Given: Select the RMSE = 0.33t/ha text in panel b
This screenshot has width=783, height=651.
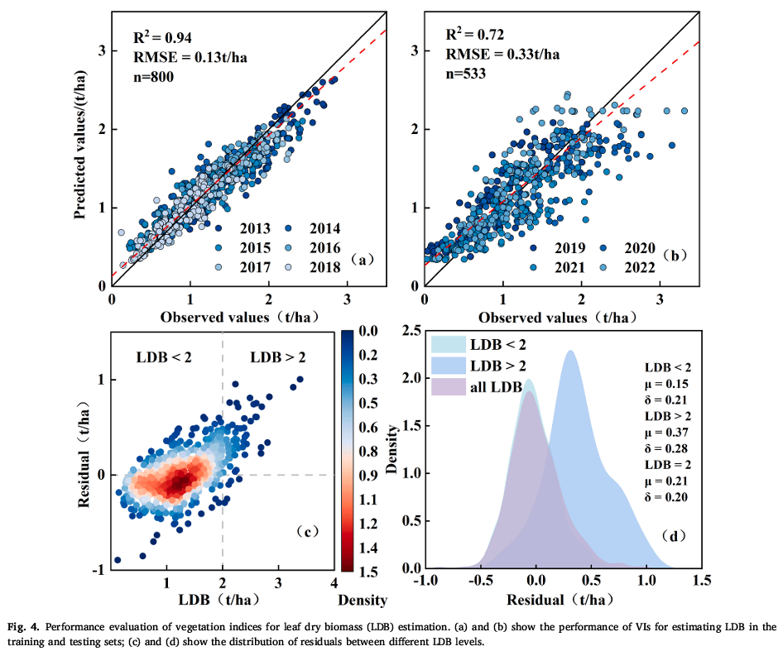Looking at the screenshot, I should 502,55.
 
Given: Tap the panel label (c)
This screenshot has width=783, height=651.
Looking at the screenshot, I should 308,532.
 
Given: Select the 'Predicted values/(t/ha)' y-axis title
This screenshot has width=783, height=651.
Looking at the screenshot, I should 81,146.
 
